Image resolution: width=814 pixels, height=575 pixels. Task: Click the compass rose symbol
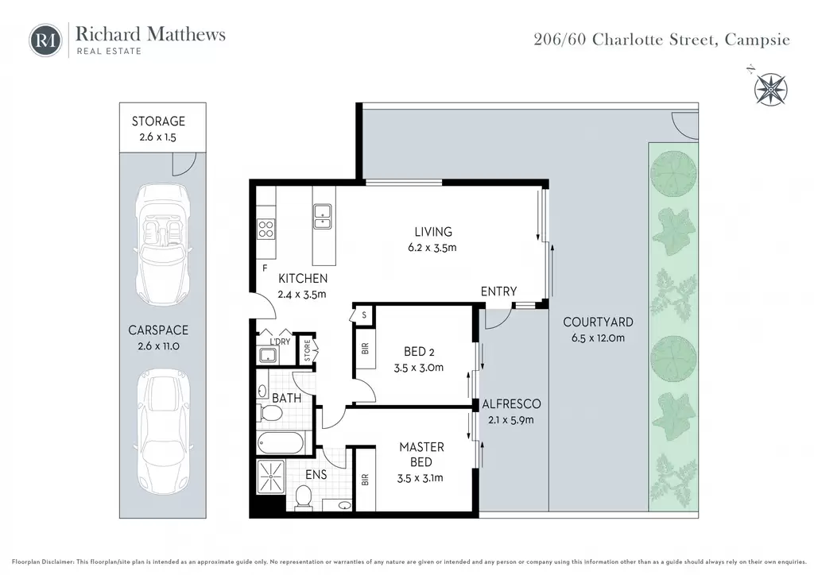pyautogui.click(x=770, y=89)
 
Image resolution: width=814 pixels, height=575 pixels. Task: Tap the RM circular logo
pyautogui.click(x=45, y=40)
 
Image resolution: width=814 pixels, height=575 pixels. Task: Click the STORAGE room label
pyautogui.click(x=158, y=122)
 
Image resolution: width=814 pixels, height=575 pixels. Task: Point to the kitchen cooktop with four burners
pyautogui.click(x=266, y=229)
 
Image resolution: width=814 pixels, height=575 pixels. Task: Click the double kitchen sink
pyautogui.click(x=323, y=217)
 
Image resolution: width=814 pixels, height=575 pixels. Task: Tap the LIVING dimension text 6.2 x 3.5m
pyautogui.click(x=432, y=248)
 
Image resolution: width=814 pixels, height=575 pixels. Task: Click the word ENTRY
pyautogui.click(x=498, y=292)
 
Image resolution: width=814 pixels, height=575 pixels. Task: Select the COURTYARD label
pyautogui.click(x=598, y=322)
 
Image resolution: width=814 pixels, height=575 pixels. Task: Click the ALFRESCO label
pyautogui.click(x=511, y=404)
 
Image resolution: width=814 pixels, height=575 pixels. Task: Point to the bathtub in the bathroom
pyautogui.click(x=281, y=443)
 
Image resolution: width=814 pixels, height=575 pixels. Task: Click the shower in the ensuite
pyautogui.click(x=271, y=477)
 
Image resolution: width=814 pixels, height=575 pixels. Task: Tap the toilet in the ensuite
pyautogui.click(x=303, y=497)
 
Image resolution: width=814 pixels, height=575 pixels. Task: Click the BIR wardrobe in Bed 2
pyautogui.click(x=365, y=349)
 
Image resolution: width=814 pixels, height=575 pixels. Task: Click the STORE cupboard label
pyautogui.click(x=308, y=350)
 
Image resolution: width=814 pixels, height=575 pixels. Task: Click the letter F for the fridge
pyautogui.click(x=265, y=268)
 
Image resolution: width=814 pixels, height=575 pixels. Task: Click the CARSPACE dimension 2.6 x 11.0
pyautogui.click(x=158, y=346)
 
